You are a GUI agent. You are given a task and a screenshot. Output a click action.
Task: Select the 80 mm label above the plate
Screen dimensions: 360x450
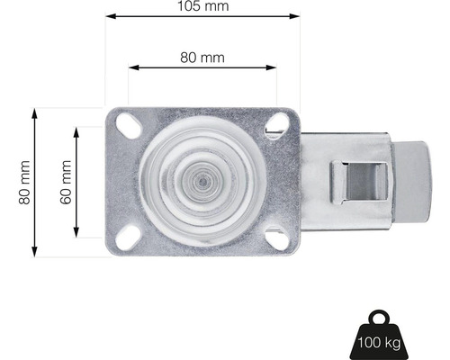(x=202, y=58)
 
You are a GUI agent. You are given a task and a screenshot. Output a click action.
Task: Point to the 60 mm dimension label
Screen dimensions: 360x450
(x=65, y=183)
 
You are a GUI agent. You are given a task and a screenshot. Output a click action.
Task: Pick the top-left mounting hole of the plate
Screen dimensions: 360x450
(x=126, y=123)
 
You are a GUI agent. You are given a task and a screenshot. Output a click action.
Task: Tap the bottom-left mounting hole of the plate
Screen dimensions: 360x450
(x=126, y=236)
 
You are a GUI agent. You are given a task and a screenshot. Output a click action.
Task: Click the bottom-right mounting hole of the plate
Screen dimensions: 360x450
(x=277, y=238)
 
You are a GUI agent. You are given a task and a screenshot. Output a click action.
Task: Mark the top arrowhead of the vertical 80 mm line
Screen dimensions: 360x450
(x=36, y=112)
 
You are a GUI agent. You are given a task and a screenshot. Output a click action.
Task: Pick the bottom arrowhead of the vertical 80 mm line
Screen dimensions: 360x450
(x=36, y=251)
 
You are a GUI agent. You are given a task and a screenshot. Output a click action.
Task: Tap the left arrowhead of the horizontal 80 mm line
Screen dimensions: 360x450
(x=131, y=68)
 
